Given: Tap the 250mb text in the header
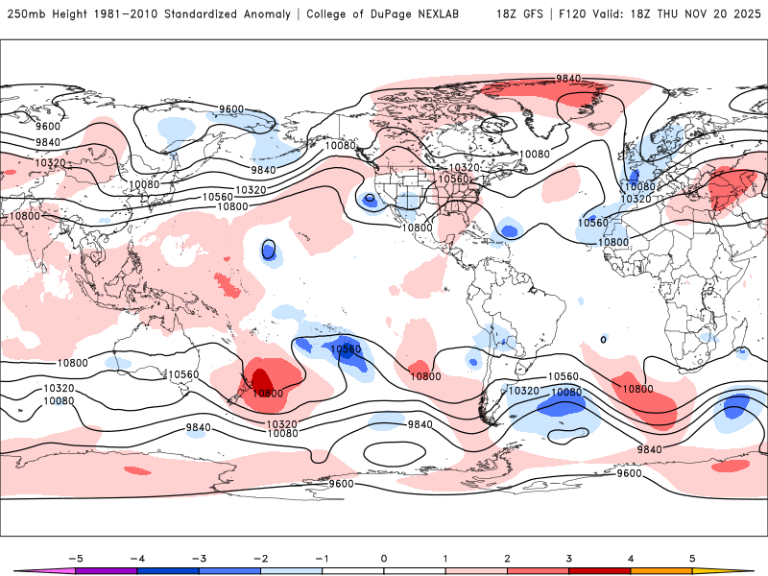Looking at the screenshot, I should [24, 14].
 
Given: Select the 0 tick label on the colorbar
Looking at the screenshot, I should [384, 557].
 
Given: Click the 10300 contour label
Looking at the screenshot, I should [267, 393].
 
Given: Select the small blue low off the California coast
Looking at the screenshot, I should [370, 199].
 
